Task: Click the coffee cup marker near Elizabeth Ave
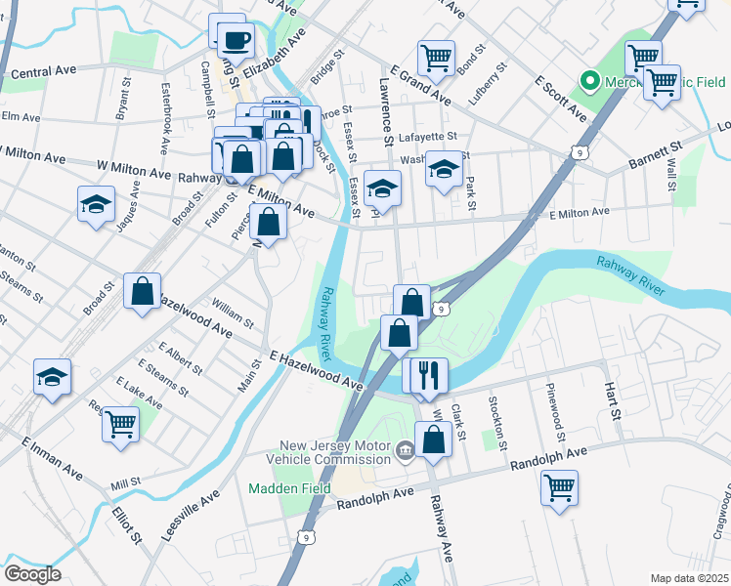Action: pos(235,40)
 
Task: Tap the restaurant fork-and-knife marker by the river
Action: pos(425,376)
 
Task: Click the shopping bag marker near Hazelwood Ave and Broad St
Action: pos(142,292)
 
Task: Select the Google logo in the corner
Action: pos(32,574)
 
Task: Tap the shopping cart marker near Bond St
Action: pos(436,57)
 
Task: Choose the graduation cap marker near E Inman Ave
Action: pos(53,378)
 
